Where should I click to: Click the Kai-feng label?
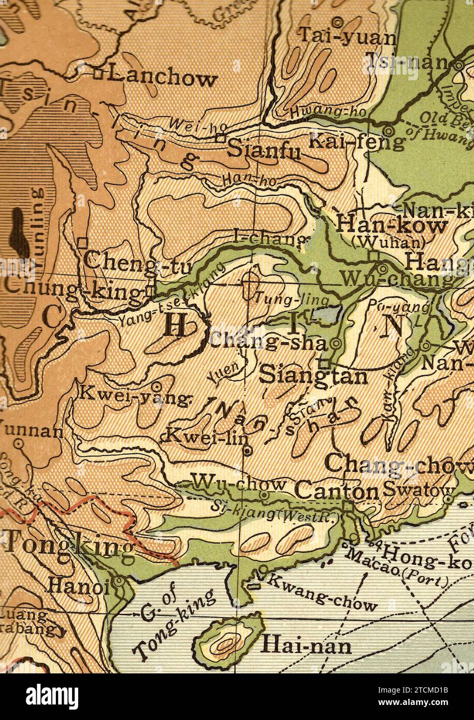(357, 140)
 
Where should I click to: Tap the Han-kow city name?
(392, 226)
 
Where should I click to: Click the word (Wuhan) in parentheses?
(388, 242)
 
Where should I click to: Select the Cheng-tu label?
(137, 261)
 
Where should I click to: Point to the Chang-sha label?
(268, 342)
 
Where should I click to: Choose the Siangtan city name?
(313, 375)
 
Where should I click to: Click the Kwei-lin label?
(207, 437)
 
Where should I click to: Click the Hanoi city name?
(78, 586)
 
